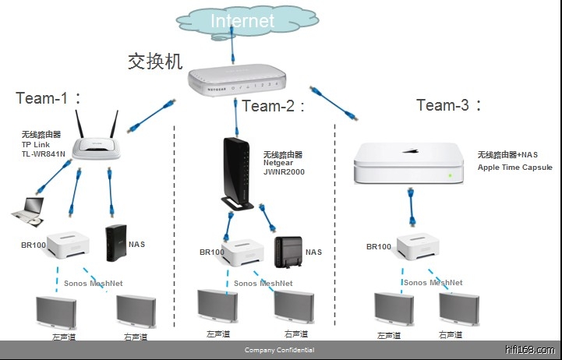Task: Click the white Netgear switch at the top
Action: pos(238,77)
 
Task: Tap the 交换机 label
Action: pos(156,61)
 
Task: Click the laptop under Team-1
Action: pos(27,208)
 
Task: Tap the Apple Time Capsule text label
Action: pos(514,167)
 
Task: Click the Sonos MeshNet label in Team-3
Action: pos(433,283)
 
